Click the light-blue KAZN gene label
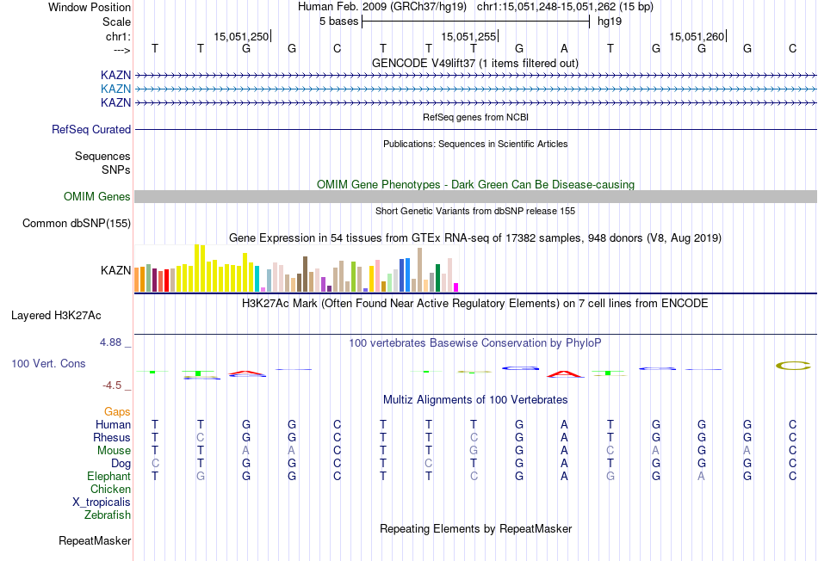pyautogui.click(x=115, y=89)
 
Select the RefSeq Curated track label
pyautogui.click(x=91, y=129)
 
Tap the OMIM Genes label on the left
pyautogui.click(x=97, y=197)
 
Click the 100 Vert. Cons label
pyautogui.click(x=48, y=364)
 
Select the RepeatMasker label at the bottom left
pyautogui.click(x=95, y=541)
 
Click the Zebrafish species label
pyautogui.click(x=108, y=515)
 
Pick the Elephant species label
pyautogui.click(x=108, y=477)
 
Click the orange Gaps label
pyautogui.click(x=117, y=412)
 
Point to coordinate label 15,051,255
pyautogui.click(x=468, y=36)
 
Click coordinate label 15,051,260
pyautogui.click(x=697, y=36)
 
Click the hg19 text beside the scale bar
pyautogui.click(x=610, y=21)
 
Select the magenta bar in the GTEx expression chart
pyautogui.click(x=456, y=287)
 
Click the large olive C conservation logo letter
pyautogui.click(x=793, y=366)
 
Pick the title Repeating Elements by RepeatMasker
pyautogui.click(x=475, y=528)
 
